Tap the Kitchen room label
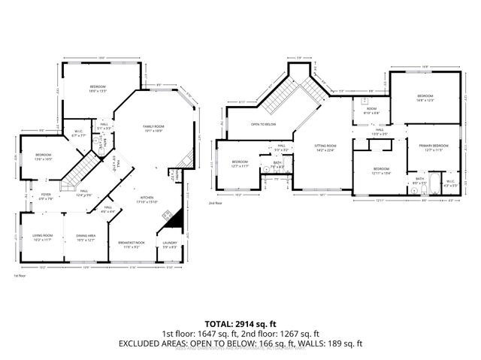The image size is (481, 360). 147,199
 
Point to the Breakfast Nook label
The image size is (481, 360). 131,245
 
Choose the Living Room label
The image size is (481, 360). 41,238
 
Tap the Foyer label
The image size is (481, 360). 46,197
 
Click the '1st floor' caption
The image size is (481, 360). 20,276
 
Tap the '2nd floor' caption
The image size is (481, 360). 216,203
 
